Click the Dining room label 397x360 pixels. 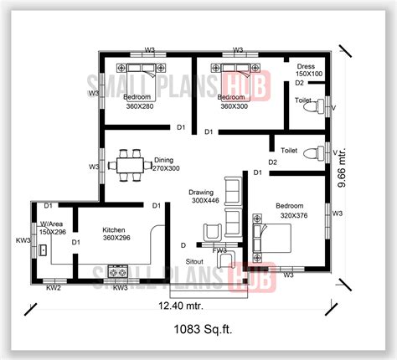coord(164,159)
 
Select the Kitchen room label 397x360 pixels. coord(115,229)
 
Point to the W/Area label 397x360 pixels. coord(52,224)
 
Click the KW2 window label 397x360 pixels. coord(53,288)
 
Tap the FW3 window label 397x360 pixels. coord(219,249)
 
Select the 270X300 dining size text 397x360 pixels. coord(164,168)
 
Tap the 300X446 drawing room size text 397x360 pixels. coord(204,201)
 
